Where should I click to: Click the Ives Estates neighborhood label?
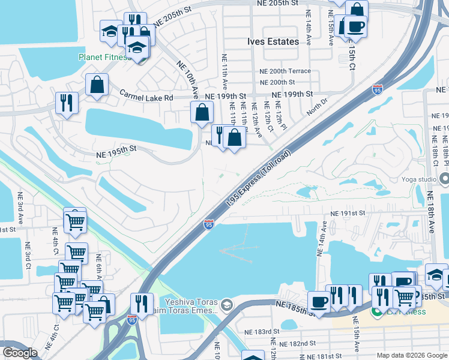coord(273,41)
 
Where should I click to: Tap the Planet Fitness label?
coord(104,58)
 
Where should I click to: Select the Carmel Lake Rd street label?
coord(146,96)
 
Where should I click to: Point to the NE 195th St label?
coord(117,154)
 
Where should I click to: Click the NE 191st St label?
coord(348,213)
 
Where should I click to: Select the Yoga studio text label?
coord(419,179)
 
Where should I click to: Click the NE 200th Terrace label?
coord(285,71)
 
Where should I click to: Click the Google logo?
coord(20,353)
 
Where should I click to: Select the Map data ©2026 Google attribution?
coord(411,355)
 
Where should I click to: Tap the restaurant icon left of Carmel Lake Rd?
coord(67,102)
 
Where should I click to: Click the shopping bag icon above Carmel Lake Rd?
coord(97,85)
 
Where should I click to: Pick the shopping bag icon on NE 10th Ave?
coord(202,112)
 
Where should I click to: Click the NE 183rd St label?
coord(262,332)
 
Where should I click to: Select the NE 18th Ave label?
coord(430,213)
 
